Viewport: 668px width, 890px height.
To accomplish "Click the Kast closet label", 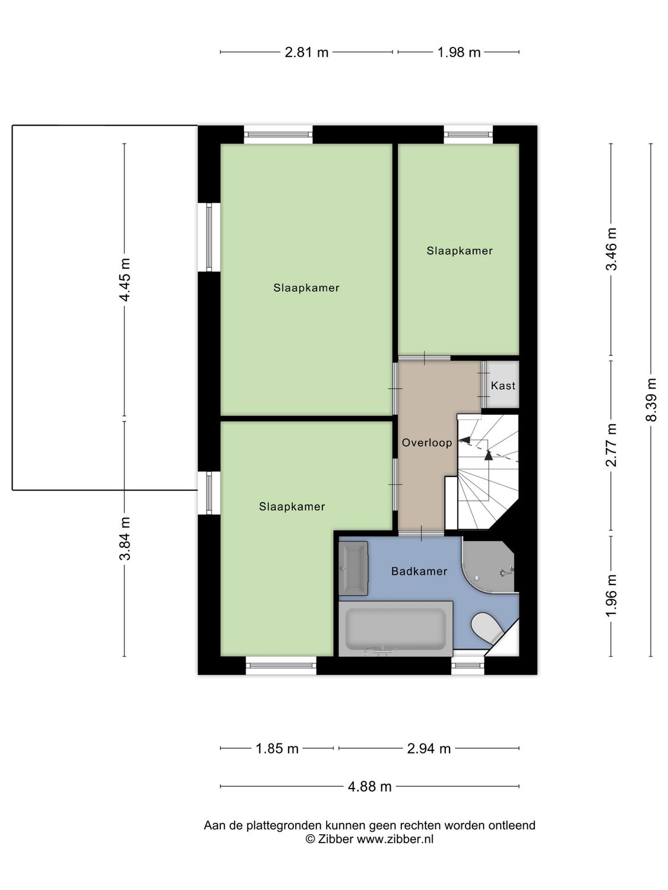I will click(x=503, y=386).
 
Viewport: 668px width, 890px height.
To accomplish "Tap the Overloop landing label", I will click(x=426, y=443).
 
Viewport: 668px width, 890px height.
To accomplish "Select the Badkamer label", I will click(x=419, y=571).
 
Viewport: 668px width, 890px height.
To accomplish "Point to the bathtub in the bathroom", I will click(x=395, y=628).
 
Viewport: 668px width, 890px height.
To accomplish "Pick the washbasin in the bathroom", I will click(x=353, y=568).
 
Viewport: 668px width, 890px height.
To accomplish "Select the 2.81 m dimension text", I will click(x=306, y=52).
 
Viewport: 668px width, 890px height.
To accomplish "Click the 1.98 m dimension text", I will click(x=459, y=52).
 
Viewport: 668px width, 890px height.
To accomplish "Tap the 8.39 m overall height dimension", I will click(x=651, y=399).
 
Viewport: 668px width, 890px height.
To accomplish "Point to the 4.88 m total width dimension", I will click(x=369, y=787).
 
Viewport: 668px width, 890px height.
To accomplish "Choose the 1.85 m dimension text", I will click(x=277, y=749).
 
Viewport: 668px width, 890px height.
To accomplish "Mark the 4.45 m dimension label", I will click(x=125, y=280).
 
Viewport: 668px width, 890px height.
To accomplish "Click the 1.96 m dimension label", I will click(x=611, y=595).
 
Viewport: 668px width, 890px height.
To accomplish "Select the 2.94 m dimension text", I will click(x=429, y=749).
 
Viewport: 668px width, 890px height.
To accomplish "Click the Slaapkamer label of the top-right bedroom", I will click(x=460, y=251).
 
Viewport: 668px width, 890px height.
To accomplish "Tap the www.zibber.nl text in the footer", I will click(x=395, y=840).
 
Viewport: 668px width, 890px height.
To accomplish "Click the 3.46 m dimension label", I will click(x=611, y=249).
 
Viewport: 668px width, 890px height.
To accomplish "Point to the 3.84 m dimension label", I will click(x=125, y=539).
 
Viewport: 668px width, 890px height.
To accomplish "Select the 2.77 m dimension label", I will click(x=611, y=445).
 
